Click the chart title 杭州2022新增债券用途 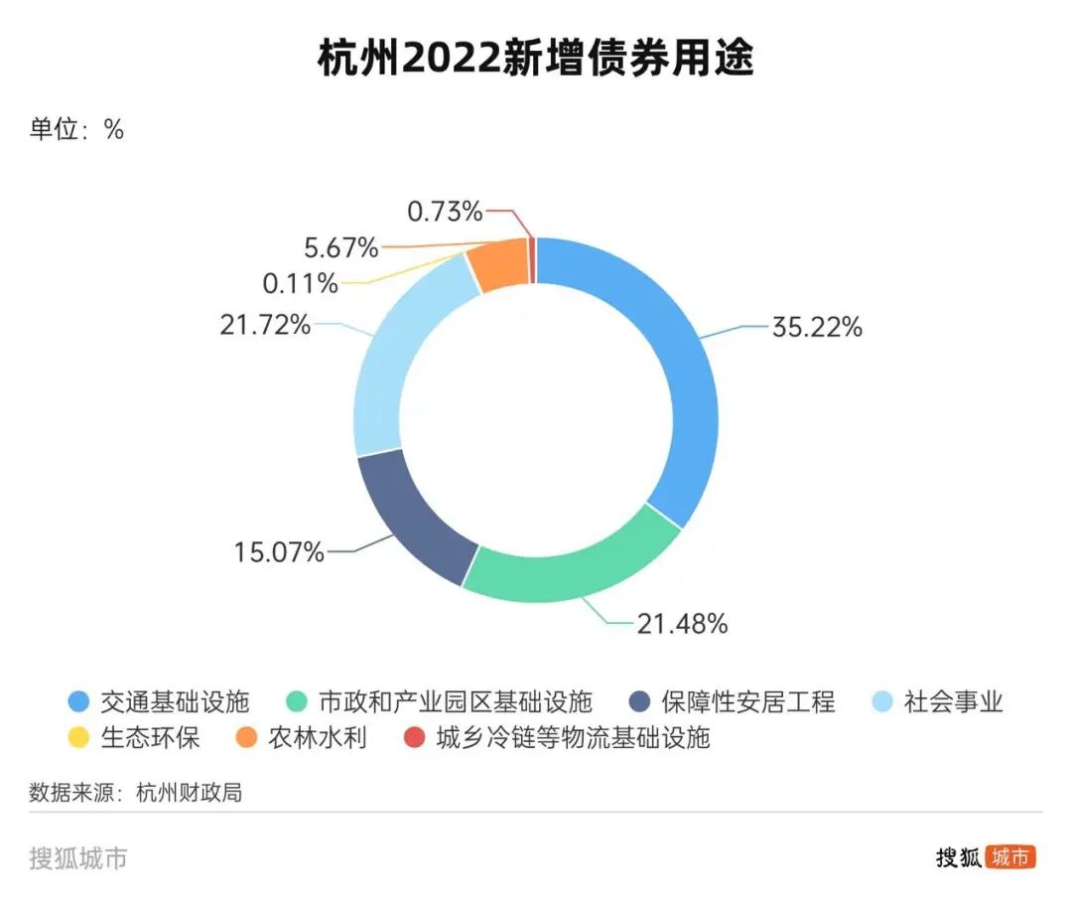536,60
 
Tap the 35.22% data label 817,327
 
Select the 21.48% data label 682,624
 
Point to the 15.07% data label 279,551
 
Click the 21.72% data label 265,324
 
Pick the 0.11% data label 300,284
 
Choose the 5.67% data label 340,245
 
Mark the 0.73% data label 445,211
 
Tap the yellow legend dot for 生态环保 79,738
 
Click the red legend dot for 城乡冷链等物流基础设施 413,738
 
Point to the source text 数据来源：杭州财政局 136,793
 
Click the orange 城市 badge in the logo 1010,857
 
